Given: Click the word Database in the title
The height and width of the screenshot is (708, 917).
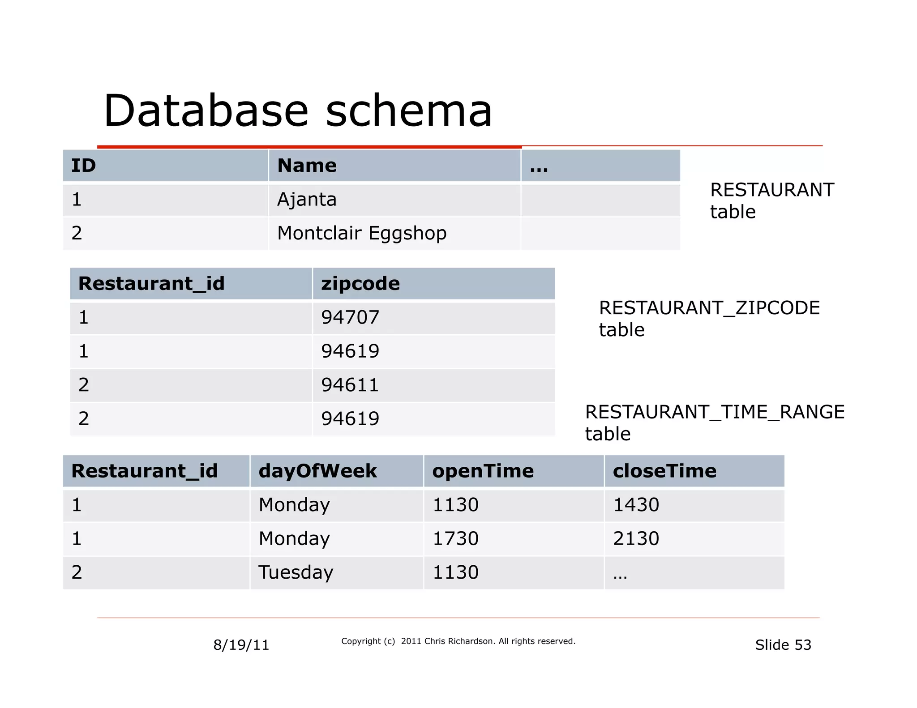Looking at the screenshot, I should [x=206, y=111].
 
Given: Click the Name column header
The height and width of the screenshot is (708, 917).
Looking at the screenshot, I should [x=307, y=166].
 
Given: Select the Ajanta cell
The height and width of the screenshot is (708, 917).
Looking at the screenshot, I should [x=307, y=200].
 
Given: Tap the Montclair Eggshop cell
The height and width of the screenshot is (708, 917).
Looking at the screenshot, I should [x=362, y=233].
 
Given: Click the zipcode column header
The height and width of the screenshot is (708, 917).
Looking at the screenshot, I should [x=360, y=284].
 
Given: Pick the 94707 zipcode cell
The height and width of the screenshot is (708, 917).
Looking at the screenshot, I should [x=350, y=317].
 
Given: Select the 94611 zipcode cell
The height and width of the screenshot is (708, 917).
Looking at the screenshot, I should [x=350, y=385].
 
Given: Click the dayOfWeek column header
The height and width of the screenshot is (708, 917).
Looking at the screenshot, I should [x=317, y=471].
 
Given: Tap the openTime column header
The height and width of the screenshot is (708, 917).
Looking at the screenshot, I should [x=483, y=471].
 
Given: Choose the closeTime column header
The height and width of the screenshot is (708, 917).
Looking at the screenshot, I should [x=664, y=471].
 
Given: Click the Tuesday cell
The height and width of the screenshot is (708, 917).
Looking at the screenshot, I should [x=296, y=572].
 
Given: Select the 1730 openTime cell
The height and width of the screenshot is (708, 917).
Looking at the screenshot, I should [x=455, y=538].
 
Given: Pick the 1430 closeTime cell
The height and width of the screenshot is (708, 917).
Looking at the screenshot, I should [x=636, y=505].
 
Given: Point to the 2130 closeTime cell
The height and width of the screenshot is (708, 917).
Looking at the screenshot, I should [x=636, y=538].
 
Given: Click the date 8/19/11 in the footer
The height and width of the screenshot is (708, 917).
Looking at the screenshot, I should [x=241, y=645].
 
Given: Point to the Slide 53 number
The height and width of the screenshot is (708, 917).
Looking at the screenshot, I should [x=783, y=645].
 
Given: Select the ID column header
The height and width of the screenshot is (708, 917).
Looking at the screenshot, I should [x=84, y=166].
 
